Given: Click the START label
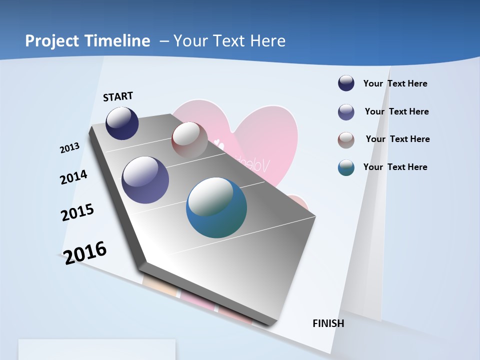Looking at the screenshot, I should click(118, 96).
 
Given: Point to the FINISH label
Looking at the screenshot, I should click(328, 323).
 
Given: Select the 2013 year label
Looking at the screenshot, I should click(69, 148).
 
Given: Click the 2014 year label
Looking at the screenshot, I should click(73, 177).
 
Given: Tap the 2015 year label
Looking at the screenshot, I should click(77, 212).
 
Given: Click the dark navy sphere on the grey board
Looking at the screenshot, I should click(122, 123).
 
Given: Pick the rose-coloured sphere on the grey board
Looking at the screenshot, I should click(189, 139).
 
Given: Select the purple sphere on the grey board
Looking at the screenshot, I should click(145, 180).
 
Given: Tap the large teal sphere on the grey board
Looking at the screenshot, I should click(216, 207).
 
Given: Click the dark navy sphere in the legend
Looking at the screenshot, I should click(346, 83).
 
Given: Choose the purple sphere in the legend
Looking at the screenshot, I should click(346, 112).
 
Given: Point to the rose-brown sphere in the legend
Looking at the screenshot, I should click(346, 140).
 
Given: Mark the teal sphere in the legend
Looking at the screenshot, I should click(346, 167).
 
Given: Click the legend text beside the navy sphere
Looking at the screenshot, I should click(395, 83).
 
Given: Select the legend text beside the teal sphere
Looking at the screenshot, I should click(395, 167).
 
